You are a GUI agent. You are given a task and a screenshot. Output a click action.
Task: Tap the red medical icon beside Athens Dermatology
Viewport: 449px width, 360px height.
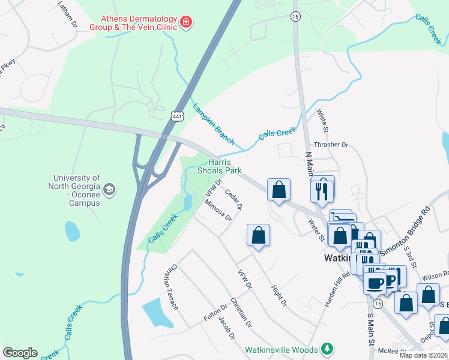point(187,23)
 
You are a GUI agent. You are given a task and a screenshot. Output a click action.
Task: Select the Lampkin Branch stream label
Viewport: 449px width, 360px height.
point(213,124)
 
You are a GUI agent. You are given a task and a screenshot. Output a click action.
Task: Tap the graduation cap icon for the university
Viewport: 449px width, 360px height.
point(109,190)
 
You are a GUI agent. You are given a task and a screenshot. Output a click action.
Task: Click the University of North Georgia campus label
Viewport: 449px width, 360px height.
point(76,190)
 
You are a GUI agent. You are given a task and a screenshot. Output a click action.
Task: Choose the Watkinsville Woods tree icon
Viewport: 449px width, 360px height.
point(327,349)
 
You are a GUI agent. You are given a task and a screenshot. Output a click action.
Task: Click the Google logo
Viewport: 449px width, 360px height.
point(20,353)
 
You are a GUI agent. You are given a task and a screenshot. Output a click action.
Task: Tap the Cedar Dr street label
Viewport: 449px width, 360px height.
point(234,199)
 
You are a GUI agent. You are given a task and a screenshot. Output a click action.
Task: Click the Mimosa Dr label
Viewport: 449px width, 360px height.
point(218,210)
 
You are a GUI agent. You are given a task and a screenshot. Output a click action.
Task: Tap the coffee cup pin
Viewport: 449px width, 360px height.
point(375,283)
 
